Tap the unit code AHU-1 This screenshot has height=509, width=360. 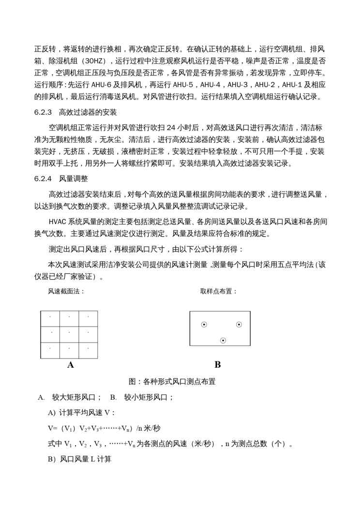[297, 84]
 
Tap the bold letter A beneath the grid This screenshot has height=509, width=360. [71, 365]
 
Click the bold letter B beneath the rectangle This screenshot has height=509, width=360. [217, 365]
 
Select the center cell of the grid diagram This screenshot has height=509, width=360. [69, 334]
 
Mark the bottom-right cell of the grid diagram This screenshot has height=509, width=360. [88, 350]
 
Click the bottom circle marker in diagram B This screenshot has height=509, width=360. [223, 341]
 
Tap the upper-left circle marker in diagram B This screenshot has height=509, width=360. [204, 325]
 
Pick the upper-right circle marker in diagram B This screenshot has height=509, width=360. [239, 325]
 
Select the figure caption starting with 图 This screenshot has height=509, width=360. [172, 381]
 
